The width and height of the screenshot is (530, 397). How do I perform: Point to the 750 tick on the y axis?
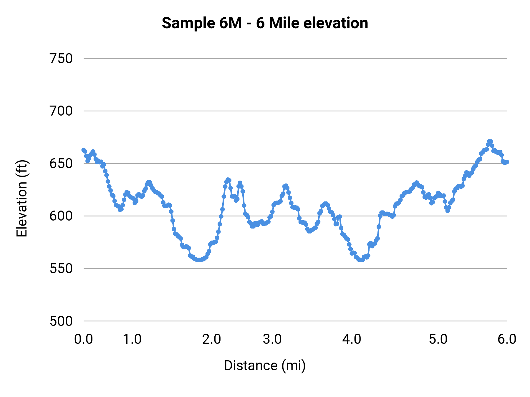point(61,59)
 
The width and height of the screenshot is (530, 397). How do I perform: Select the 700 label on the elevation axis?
point(61,111)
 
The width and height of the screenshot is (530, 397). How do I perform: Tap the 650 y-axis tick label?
point(61,164)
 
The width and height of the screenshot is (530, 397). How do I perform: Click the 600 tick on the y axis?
point(61,216)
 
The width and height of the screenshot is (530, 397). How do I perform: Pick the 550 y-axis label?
point(61,268)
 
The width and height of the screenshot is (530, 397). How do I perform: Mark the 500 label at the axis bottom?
point(61,321)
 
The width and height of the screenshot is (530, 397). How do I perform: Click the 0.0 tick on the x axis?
point(83,339)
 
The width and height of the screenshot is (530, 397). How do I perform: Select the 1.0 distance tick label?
point(132,339)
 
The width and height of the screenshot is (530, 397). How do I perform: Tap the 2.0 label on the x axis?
point(211,339)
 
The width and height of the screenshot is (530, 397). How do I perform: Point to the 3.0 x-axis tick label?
point(272,339)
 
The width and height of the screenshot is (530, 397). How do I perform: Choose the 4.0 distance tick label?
point(352,339)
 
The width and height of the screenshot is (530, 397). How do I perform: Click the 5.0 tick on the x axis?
point(438,339)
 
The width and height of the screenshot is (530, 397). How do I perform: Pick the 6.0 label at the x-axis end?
point(507,339)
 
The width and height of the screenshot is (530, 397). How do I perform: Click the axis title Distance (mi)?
point(264,366)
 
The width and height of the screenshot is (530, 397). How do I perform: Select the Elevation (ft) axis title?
point(22,199)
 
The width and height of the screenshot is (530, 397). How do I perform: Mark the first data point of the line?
point(84,150)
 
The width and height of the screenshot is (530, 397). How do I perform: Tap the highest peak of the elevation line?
point(489,141)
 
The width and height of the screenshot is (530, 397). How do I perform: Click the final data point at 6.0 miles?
point(507,162)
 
